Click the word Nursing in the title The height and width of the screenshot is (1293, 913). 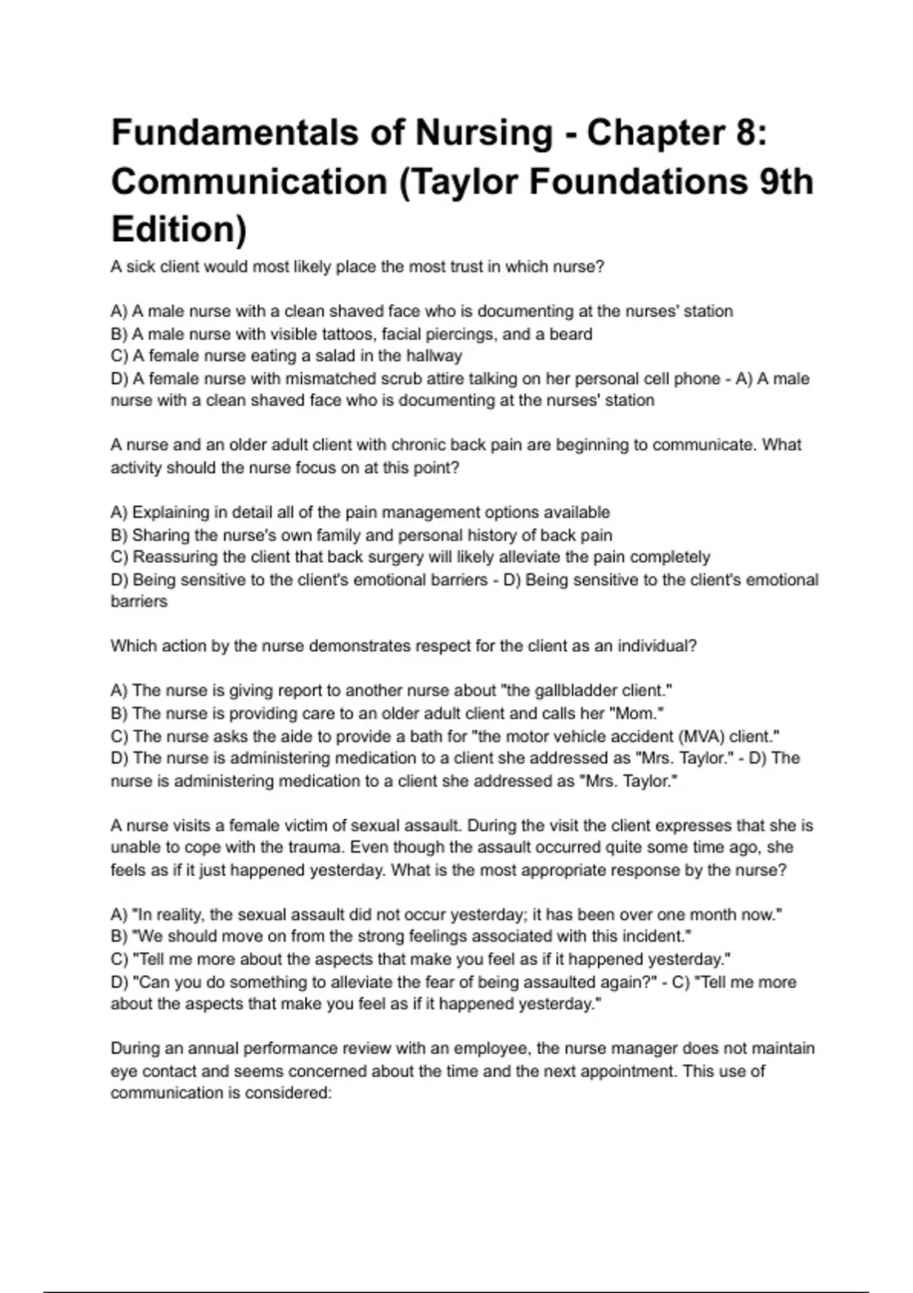pos(483,133)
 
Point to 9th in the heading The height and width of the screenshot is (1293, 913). pos(785,182)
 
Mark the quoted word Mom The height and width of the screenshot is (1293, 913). pos(638,713)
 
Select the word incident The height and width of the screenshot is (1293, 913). pos(657,936)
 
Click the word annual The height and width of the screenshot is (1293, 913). pos(212,1049)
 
